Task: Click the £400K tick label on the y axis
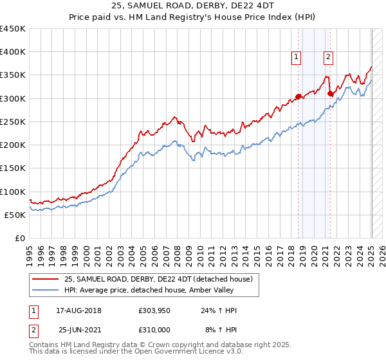13,52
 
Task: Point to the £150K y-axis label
13,168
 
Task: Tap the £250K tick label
13,122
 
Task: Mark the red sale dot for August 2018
299,97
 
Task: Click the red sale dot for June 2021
331,94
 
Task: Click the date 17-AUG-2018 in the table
78,310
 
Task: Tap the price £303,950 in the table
154,310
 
